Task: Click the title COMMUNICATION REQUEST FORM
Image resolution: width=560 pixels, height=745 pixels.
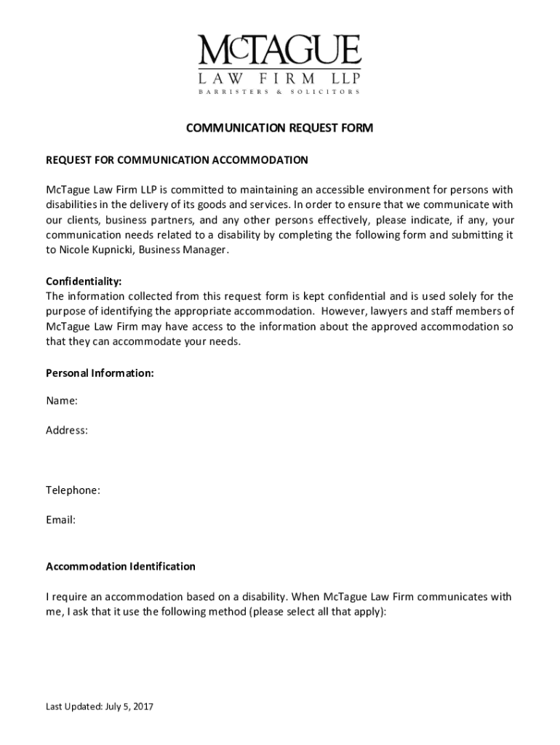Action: pos(279,129)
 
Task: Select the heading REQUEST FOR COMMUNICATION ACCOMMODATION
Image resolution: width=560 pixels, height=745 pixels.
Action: pos(177,159)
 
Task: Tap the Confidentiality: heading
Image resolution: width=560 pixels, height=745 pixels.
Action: pos(84,281)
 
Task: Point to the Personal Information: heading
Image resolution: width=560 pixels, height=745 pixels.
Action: pos(100,373)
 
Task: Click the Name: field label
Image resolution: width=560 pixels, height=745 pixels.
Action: pos(62,400)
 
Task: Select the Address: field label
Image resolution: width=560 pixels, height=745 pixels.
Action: pos(67,430)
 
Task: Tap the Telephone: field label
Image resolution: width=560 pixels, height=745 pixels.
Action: pos(73,490)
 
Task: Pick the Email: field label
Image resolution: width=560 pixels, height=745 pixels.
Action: pos(61,520)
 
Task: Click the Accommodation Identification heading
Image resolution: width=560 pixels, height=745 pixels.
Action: pos(121,566)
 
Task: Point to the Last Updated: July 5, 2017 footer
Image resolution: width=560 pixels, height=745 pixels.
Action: pos(100,706)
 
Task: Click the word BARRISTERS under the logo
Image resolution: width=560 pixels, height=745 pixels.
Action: pos(231,92)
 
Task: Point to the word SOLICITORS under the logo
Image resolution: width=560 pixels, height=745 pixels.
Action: pos(325,92)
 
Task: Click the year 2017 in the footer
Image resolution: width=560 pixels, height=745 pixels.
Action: pos(143,706)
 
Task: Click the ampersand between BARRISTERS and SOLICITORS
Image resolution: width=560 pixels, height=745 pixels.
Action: pos(279,92)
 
